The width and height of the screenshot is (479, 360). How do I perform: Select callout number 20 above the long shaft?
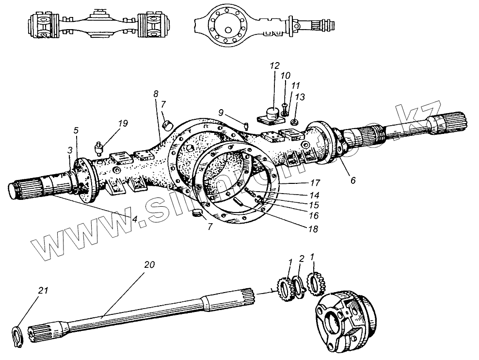click(149, 265)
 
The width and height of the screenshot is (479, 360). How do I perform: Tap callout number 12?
click(275, 65)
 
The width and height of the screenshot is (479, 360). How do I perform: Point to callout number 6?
click(352, 180)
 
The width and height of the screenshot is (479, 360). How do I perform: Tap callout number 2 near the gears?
click(301, 258)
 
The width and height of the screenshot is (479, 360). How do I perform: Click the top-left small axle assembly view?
click(99, 25)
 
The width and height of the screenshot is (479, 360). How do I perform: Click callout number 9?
click(221, 112)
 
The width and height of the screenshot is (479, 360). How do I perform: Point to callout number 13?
click(300, 98)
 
